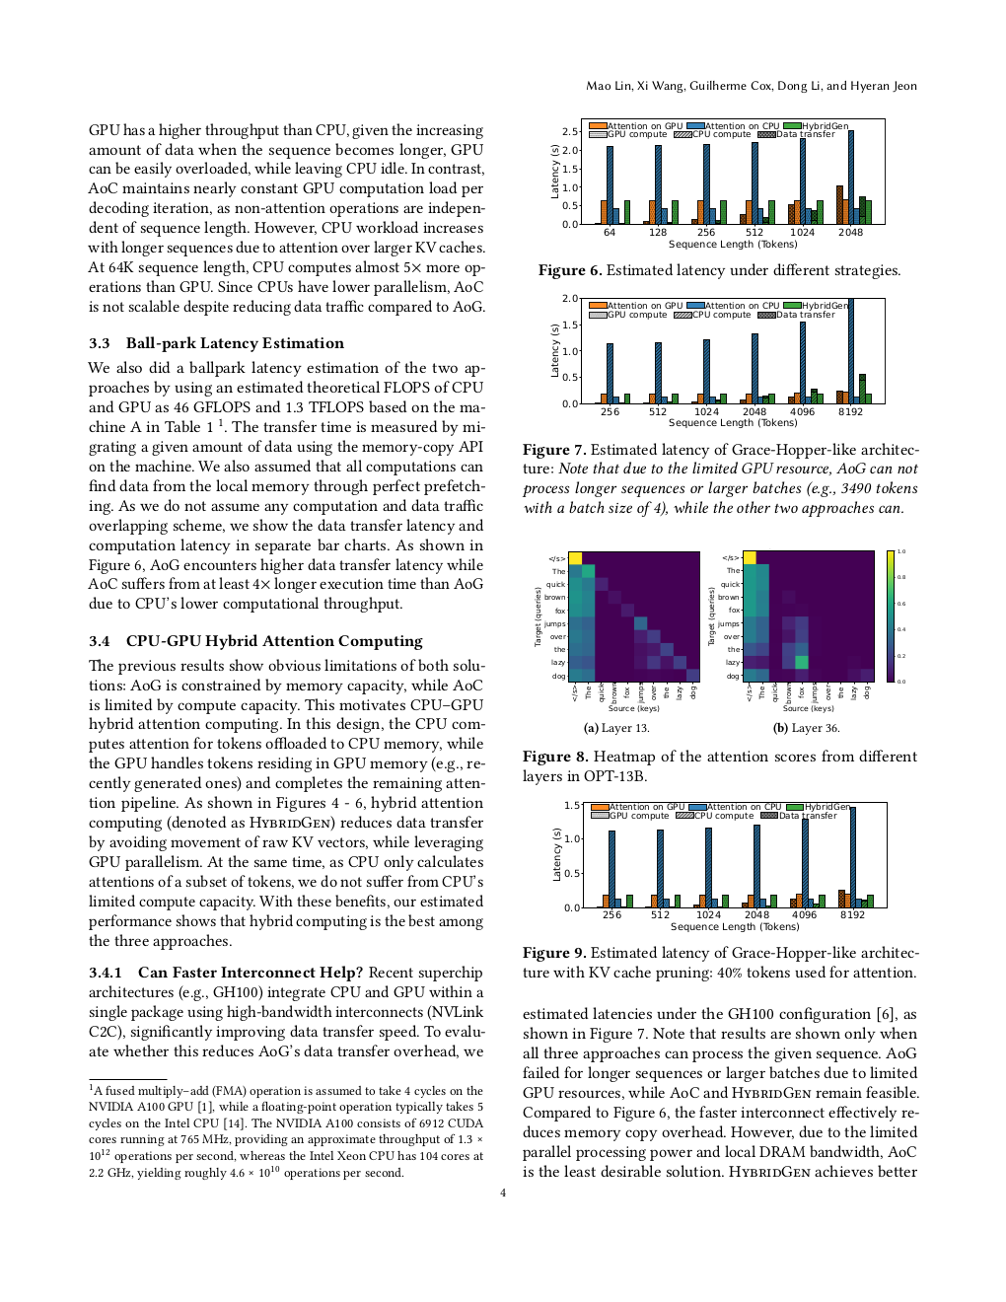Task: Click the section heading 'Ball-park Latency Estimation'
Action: coord(235,343)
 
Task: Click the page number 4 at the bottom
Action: coord(503,1193)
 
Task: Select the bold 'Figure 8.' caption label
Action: coord(555,757)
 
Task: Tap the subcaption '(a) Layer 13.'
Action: coord(616,728)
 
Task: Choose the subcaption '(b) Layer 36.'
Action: coord(806,728)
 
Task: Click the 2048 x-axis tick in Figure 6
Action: coord(850,233)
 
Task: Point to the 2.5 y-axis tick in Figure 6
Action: coord(569,131)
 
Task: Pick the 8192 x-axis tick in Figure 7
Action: coord(850,412)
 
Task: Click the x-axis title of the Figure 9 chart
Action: coord(735,926)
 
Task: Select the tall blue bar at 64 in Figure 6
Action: coord(610,185)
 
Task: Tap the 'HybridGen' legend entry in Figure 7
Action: coord(825,306)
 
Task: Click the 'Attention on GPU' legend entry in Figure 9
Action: coord(646,807)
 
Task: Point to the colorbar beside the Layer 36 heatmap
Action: coord(891,616)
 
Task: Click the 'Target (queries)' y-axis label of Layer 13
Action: coord(539,616)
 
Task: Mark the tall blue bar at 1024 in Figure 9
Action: coord(708,867)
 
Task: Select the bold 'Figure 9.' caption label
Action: coord(554,953)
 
